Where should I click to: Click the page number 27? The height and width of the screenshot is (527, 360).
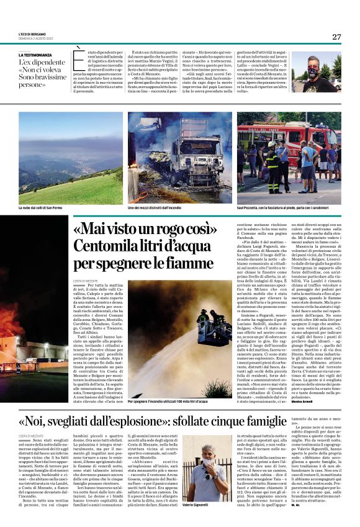(x=336, y=37)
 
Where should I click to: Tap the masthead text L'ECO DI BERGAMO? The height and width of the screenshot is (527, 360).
(x=32, y=33)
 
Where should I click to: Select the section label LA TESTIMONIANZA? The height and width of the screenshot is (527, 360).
(x=36, y=55)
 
